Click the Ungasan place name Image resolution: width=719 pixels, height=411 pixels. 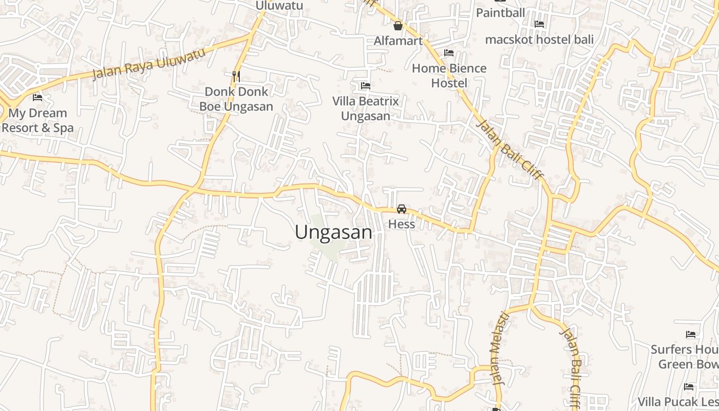333,232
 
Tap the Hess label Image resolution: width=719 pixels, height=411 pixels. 402,224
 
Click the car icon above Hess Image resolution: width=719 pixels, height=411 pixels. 402,209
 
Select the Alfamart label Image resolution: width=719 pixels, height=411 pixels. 398,41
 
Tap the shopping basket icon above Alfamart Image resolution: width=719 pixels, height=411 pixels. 398,26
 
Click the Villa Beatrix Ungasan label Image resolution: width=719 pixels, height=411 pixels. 366,108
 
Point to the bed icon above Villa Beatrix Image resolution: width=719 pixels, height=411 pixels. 366,85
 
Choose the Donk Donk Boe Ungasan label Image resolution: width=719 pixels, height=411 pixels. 236,99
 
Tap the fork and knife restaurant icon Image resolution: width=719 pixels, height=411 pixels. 236,76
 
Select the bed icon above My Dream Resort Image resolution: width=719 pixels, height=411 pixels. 37,97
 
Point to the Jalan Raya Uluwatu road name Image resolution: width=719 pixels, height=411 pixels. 148,64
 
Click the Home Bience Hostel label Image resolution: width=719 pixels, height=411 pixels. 449,76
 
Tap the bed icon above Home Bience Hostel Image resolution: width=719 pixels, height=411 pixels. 449,52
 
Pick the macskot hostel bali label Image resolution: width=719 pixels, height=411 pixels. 539,39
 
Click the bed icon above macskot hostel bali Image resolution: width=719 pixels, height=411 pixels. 539,24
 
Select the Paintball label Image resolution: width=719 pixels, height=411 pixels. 500,12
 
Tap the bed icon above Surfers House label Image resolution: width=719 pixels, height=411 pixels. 691,334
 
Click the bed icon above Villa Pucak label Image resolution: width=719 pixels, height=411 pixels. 689,386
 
